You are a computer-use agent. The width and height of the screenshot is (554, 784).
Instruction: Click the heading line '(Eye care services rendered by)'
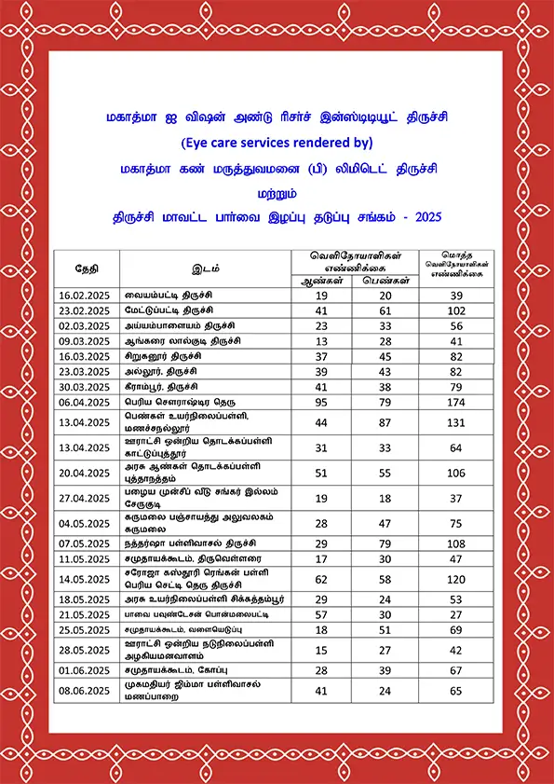pos(277,143)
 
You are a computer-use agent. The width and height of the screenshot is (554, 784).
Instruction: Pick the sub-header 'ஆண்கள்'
pos(320,280)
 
